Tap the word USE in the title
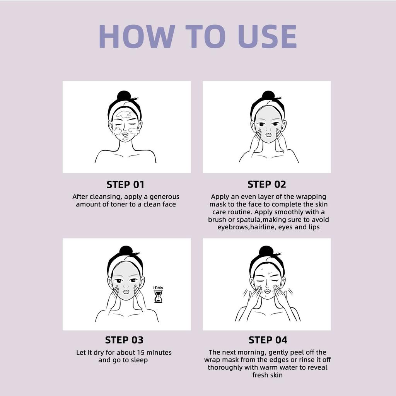click(267, 36)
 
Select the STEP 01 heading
click(125, 184)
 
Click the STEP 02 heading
click(267, 184)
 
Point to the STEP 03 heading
click(124, 340)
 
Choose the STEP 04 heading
click(268, 340)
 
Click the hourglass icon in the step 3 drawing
click(158, 297)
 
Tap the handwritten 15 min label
click(158, 288)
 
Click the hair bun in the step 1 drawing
click(124, 96)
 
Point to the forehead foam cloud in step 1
click(124, 114)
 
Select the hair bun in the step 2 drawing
click(268, 96)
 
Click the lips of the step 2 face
click(268, 135)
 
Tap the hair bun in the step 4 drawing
click(266, 251)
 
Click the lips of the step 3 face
click(126, 292)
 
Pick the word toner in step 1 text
click(119, 204)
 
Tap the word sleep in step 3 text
click(139, 360)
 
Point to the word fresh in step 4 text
click(259, 375)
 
